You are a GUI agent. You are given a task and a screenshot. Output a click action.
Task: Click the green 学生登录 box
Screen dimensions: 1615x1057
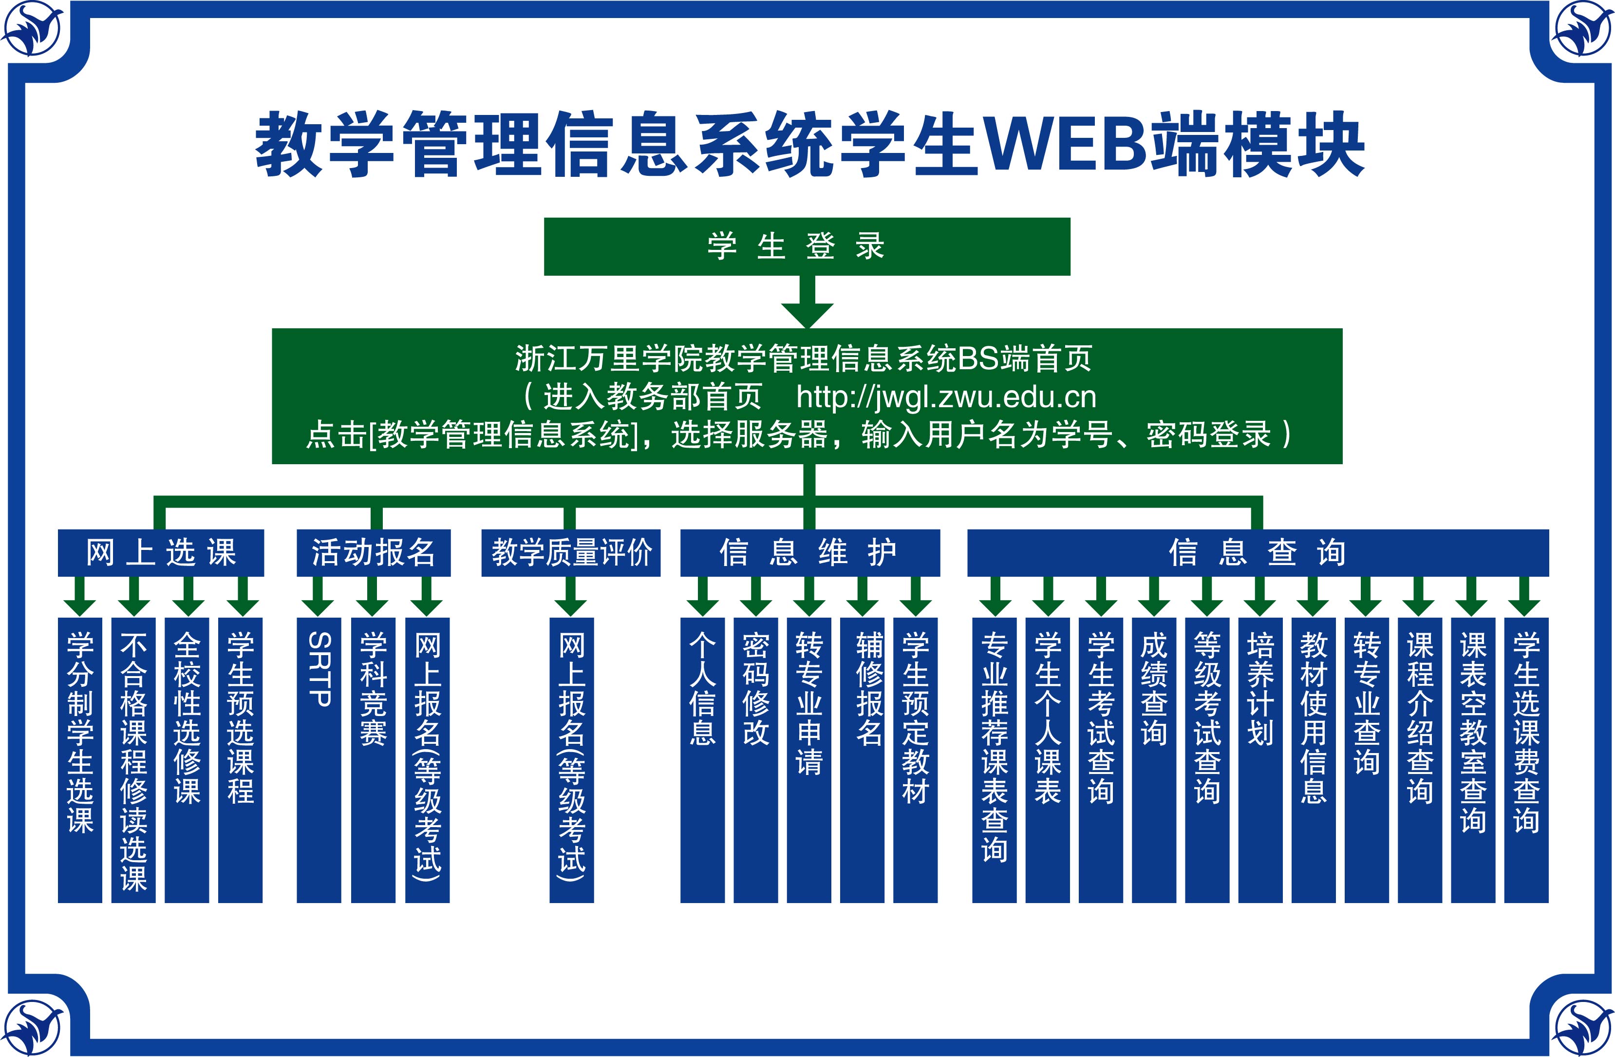click(807, 246)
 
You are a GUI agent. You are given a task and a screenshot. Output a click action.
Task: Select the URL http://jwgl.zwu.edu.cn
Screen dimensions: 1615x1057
click(946, 397)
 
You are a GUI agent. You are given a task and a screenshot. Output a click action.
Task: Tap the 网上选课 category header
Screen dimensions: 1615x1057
click(161, 552)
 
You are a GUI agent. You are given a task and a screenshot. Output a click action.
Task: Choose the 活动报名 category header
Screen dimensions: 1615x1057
click(373, 552)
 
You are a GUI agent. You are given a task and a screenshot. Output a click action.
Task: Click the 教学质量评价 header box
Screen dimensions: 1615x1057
click(571, 552)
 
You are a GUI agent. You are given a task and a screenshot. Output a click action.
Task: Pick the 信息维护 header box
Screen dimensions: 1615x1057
click(809, 552)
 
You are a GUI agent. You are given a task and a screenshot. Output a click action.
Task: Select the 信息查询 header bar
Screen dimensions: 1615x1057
click(1258, 552)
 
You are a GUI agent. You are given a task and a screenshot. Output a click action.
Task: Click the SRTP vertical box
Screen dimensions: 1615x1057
click(319, 760)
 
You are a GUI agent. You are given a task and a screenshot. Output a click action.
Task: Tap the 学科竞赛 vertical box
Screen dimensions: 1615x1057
click(373, 760)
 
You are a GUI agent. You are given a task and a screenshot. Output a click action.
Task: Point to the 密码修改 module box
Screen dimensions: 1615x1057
click(755, 760)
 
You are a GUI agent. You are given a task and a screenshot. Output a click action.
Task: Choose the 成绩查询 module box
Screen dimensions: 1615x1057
click(1154, 760)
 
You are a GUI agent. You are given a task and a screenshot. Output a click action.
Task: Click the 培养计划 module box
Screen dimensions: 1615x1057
click(1260, 760)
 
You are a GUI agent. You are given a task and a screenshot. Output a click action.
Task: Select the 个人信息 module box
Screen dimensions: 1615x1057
click(702, 760)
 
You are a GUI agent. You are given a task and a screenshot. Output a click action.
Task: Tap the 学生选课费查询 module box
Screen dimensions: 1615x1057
click(1526, 760)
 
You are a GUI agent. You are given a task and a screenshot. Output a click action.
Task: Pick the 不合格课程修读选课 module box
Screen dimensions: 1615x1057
click(133, 760)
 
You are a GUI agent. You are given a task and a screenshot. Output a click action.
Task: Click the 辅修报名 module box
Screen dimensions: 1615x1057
click(862, 760)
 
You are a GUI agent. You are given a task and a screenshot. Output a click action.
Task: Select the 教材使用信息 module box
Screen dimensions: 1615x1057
click(1313, 760)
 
